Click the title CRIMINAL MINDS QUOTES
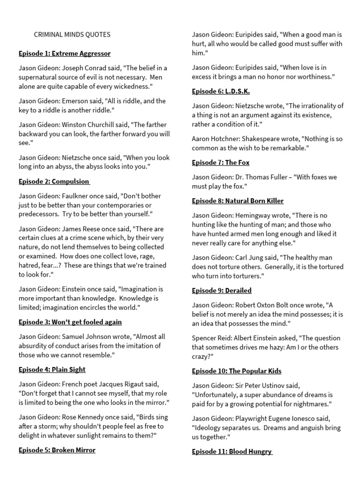pyautogui.click(x=72, y=35)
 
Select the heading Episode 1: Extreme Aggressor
pyautogui.click(x=65, y=53)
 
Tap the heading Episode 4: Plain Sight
pyautogui.click(x=52, y=369)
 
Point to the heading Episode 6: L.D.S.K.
pyautogui.click(x=221, y=91)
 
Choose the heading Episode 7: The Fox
pyautogui.click(x=221, y=163)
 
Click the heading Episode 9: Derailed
pyautogui.click(x=222, y=291)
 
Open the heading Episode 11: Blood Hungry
pyautogui.click(x=232, y=451)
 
